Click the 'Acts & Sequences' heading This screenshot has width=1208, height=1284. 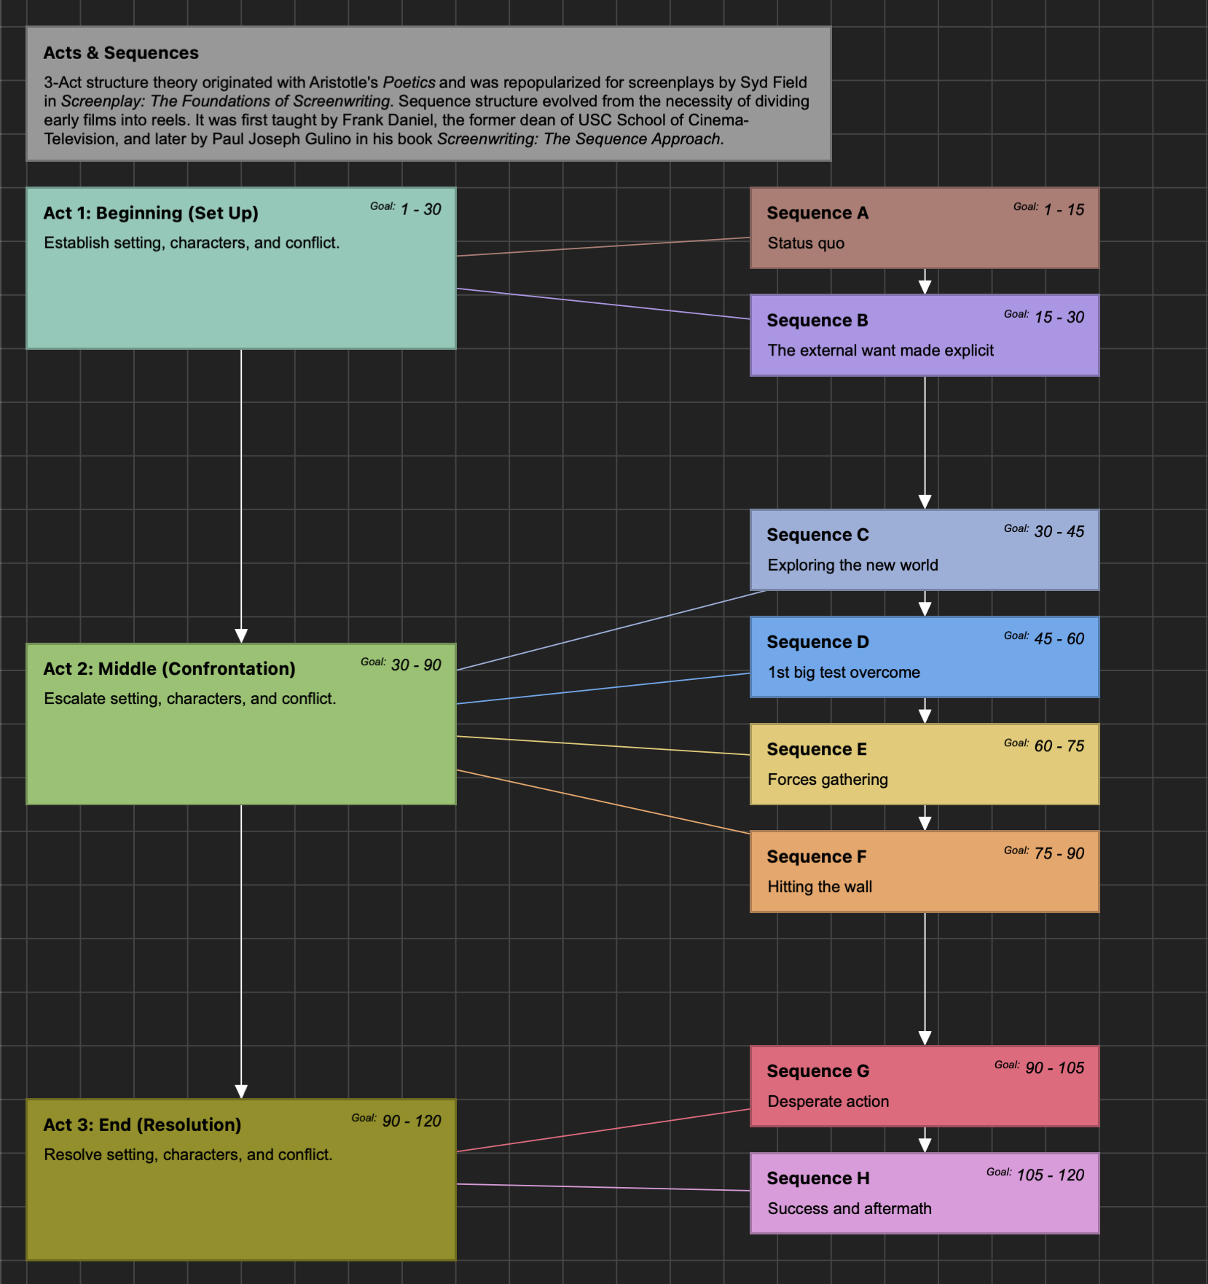point(121,53)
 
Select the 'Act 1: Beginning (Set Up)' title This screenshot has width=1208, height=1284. point(151,214)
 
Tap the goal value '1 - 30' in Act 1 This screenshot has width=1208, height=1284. point(421,210)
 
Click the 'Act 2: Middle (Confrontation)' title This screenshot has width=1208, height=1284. point(169,669)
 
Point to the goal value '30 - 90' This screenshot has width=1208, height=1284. point(416,665)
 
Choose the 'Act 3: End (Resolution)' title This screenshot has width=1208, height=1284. point(142,1125)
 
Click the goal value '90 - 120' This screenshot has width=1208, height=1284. point(412,1121)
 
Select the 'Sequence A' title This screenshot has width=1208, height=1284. point(817,214)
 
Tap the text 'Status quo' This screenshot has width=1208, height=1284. point(806,243)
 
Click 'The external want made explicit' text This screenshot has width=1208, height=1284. point(880,351)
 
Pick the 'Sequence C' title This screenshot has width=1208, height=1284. point(817,535)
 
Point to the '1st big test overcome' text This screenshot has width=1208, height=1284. point(844,673)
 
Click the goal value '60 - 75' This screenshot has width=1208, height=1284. point(1059,746)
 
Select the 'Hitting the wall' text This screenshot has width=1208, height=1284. point(820,887)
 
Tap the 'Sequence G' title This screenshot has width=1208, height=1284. point(817,1071)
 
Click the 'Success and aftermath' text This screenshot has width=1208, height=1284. point(850,1209)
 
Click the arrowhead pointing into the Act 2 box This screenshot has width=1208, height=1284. point(241,635)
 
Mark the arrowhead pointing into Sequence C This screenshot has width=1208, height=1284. point(925,501)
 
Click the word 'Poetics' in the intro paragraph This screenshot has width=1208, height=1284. point(409,82)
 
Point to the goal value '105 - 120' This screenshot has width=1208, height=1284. point(1051,1175)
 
